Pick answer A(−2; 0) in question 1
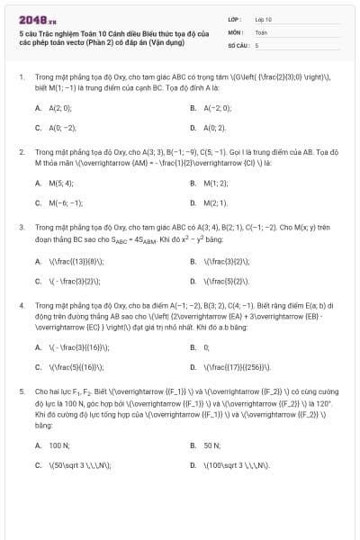pyautogui.click(x=217, y=107)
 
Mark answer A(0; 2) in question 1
pyautogui.click(x=214, y=128)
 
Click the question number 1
pyautogui.click(x=21, y=77)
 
